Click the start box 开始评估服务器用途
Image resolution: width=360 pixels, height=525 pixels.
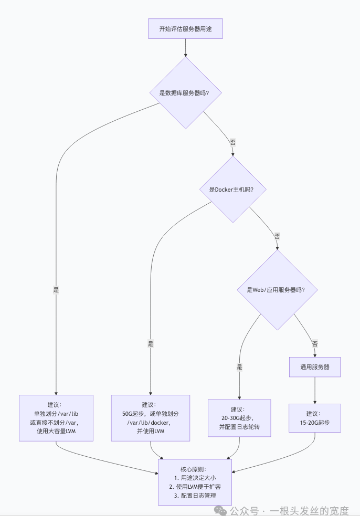(x=185, y=29)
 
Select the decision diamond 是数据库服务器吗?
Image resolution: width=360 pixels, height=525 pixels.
(x=185, y=93)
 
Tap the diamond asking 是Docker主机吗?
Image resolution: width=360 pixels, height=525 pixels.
(x=233, y=190)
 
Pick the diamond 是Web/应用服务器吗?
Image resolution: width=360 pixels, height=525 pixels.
(x=277, y=290)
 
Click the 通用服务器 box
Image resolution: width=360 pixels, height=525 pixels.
(x=315, y=367)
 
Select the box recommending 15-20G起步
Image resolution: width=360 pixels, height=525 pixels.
(x=315, y=418)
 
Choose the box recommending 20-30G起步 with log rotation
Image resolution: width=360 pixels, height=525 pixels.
(x=239, y=418)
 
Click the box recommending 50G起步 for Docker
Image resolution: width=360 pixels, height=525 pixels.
(x=151, y=418)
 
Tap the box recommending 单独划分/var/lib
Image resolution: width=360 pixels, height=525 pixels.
(x=56, y=418)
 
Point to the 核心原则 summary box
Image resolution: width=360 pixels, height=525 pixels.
(x=195, y=482)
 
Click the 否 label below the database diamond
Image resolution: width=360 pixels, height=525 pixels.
(x=232, y=142)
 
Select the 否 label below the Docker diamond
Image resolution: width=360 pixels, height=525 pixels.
(x=277, y=236)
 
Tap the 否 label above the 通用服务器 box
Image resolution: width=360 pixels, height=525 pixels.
(x=315, y=344)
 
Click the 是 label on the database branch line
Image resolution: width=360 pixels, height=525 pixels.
(x=56, y=290)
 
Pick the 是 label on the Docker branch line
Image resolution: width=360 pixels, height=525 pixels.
(x=151, y=344)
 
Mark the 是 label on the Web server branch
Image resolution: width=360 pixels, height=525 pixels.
(x=239, y=367)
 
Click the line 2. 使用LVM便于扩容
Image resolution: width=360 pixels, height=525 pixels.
(x=195, y=487)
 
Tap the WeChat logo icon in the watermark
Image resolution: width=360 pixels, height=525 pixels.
(x=220, y=511)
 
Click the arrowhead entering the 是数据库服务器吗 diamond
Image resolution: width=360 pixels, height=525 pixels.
(x=185, y=55)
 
